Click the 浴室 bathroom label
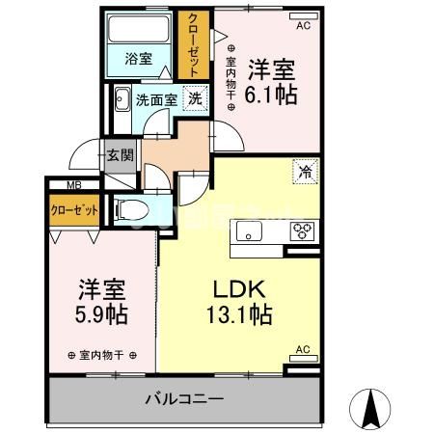tap(138, 58)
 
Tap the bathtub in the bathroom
tap(138, 29)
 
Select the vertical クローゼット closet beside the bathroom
tap(193, 45)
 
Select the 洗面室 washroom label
tap(155, 98)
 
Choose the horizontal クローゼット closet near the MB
tap(74, 208)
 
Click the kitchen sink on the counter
tap(248, 231)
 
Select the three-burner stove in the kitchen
tap(303, 231)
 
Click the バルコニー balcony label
tap(184, 397)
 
